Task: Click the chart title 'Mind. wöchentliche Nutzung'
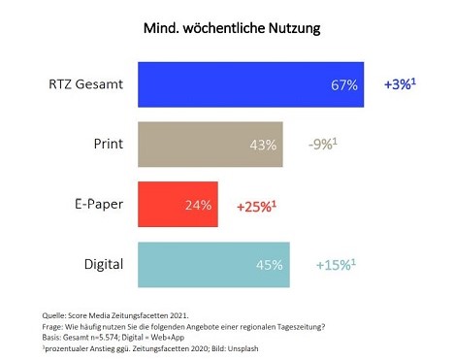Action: click(232, 28)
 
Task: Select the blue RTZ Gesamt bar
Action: click(251, 84)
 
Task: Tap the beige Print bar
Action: click(211, 145)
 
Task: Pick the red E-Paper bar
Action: click(178, 204)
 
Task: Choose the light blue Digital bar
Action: click(213, 265)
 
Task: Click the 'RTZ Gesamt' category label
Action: click(86, 84)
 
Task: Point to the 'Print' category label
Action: click(109, 144)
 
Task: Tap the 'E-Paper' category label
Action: click(99, 205)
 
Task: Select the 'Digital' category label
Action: click(104, 265)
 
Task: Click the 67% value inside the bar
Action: click(344, 85)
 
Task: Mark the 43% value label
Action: click(263, 146)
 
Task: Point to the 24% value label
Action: click(198, 206)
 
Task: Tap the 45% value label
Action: click(270, 265)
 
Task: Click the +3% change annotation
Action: click(400, 84)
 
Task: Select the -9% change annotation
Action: click(323, 144)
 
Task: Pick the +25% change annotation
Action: click(257, 207)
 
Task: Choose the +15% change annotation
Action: click(336, 265)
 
